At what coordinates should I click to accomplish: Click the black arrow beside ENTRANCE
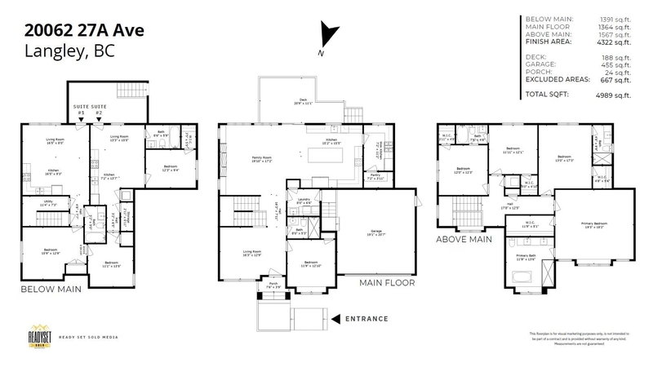pyautogui.click(x=335, y=318)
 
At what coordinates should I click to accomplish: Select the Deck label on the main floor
pyautogui.click(x=304, y=100)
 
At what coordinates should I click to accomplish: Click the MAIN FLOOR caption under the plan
pyautogui.click(x=387, y=283)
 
